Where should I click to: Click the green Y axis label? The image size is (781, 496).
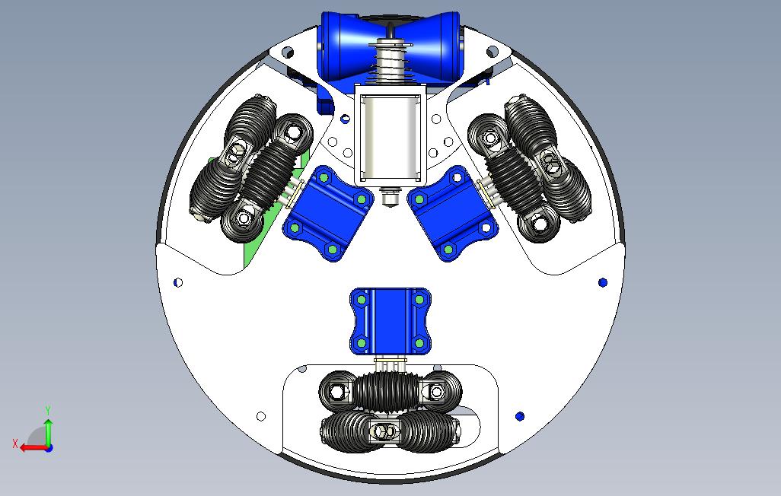[48, 410]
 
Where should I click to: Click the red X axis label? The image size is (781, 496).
[15, 444]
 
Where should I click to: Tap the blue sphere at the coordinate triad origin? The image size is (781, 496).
[49, 448]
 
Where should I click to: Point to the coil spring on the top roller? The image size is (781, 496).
[390, 62]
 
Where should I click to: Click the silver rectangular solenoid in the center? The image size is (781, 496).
[390, 135]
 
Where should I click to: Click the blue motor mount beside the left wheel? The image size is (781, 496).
[328, 213]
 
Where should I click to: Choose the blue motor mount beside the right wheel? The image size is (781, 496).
[453, 213]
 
